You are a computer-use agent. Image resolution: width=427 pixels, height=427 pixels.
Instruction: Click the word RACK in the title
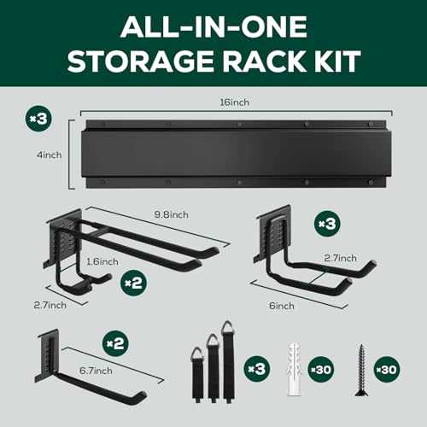(264, 61)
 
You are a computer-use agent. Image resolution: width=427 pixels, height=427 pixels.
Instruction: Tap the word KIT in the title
(336, 61)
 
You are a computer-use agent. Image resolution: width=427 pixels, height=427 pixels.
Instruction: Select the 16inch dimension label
(235, 102)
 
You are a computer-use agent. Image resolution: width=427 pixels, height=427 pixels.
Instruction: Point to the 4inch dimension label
(49, 155)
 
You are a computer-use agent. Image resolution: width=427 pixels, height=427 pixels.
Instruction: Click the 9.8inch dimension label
(172, 214)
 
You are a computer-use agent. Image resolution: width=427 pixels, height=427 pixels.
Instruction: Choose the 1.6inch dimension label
(102, 262)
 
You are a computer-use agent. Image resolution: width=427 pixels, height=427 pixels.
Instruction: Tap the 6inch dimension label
(282, 306)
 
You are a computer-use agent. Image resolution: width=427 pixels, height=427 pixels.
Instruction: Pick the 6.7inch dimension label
(96, 371)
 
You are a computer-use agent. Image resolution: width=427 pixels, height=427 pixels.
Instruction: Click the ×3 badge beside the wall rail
(38, 119)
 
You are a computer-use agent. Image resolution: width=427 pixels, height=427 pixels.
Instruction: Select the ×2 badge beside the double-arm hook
(133, 283)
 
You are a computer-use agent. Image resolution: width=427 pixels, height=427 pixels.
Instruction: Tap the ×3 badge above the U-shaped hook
(327, 224)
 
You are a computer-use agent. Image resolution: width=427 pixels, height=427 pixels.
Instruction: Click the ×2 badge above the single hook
(115, 343)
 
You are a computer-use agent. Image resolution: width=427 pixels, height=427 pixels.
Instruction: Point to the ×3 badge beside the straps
(257, 369)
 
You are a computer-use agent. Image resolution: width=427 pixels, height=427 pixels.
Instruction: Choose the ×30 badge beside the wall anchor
(321, 370)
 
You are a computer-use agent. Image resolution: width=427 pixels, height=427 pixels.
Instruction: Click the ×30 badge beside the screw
(387, 370)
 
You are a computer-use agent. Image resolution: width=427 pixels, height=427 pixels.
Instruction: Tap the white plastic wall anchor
(293, 369)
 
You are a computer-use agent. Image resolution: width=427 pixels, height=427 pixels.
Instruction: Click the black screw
(362, 370)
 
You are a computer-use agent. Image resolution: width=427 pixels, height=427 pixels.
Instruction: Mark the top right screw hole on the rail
(371, 124)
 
